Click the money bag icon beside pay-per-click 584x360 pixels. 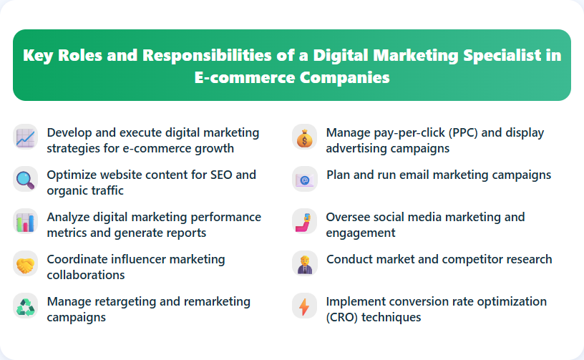tap(304, 137)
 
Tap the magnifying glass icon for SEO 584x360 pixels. tap(25, 178)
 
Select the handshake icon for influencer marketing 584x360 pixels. tap(25, 263)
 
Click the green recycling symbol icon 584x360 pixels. tap(25, 306)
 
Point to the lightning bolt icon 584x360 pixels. tap(304, 306)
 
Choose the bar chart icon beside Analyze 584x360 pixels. tap(25, 221)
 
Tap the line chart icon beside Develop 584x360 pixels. tap(25, 137)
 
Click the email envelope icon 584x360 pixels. tap(304, 179)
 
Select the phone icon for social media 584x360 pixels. tap(304, 221)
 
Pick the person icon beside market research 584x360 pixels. tap(304, 263)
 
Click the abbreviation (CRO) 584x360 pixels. tap(344, 317)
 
